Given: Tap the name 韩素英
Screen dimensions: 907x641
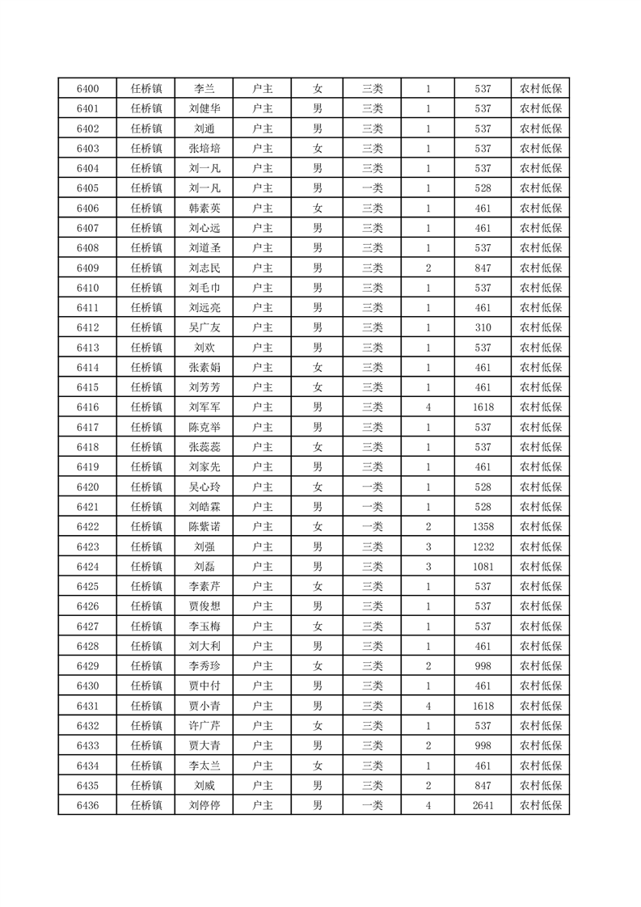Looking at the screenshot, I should [204, 208].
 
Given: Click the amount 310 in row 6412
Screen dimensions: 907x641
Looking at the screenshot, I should [483, 327].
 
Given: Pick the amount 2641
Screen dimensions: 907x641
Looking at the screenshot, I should [483, 805].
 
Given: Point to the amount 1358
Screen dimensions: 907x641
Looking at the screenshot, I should [483, 526].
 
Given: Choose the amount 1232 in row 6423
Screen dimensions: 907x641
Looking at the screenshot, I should [483, 546].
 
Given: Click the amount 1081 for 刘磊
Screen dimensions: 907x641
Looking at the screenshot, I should [483, 566].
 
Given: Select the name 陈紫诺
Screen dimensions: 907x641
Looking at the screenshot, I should [204, 526].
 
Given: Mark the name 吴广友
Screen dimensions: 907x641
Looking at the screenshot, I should [204, 327].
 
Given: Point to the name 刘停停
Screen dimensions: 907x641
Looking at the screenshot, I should [204, 805].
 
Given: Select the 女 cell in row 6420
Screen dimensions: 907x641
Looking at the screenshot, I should [318, 487].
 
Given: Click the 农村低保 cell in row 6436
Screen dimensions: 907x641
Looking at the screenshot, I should [540, 805].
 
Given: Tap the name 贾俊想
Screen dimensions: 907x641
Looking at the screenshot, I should [204, 606].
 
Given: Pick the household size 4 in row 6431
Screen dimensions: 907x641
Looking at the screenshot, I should [428, 706].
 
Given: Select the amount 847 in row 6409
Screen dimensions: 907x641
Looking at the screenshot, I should [483, 268].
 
